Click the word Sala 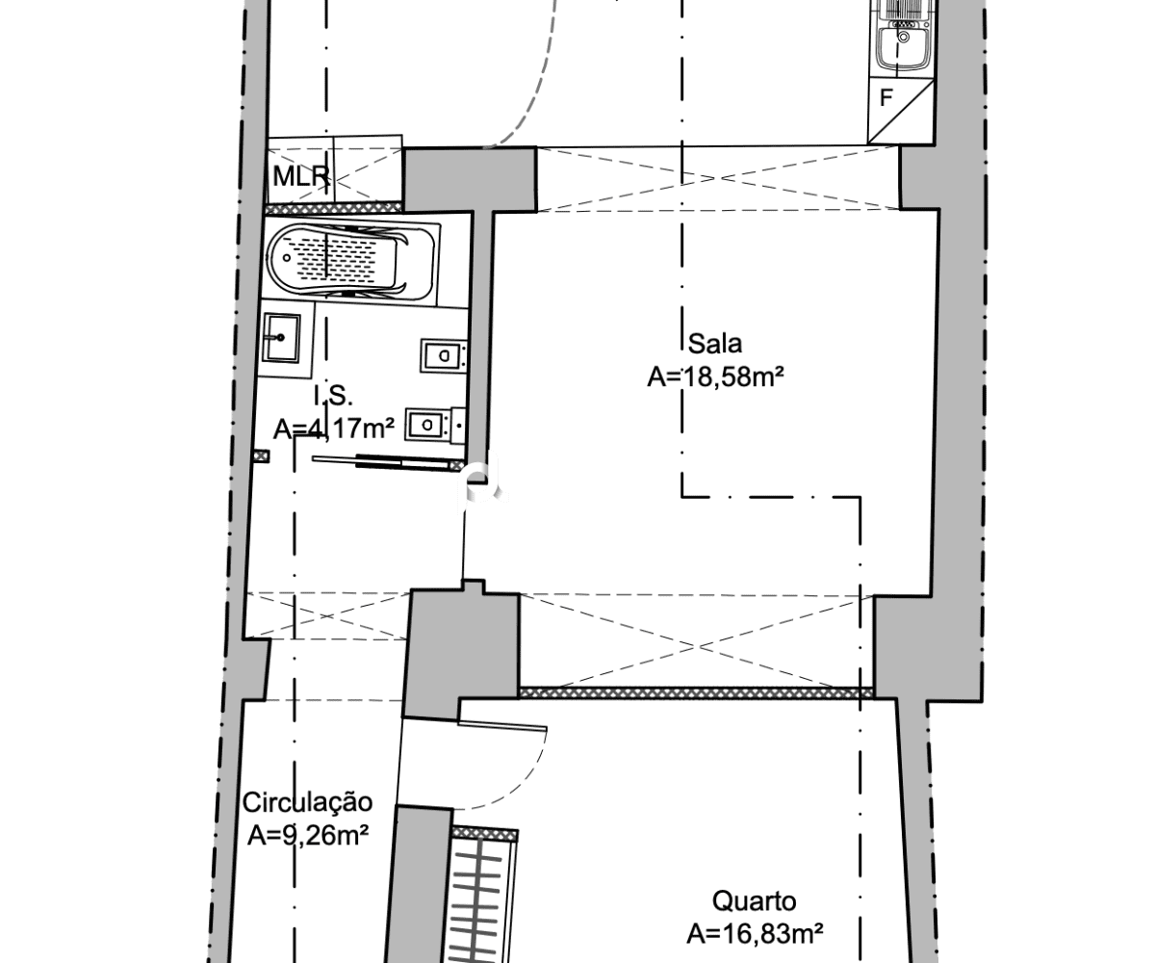pyautogui.click(x=714, y=344)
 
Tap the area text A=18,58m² pyautogui.click(x=715, y=377)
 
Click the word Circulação pyautogui.click(x=308, y=803)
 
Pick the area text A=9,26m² pyautogui.click(x=308, y=836)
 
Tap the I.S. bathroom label pyautogui.click(x=333, y=396)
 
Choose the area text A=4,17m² pyautogui.click(x=334, y=429)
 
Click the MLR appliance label pyautogui.click(x=301, y=176)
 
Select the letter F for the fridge pyautogui.click(x=885, y=98)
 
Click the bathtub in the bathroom pyautogui.click(x=352, y=259)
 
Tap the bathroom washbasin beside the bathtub pyautogui.click(x=282, y=338)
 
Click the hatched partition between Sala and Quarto pyautogui.click(x=697, y=693)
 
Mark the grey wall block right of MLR pyautogui.click(x=471, y=179)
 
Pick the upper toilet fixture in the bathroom pyautogui.click(x=443, y=355)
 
